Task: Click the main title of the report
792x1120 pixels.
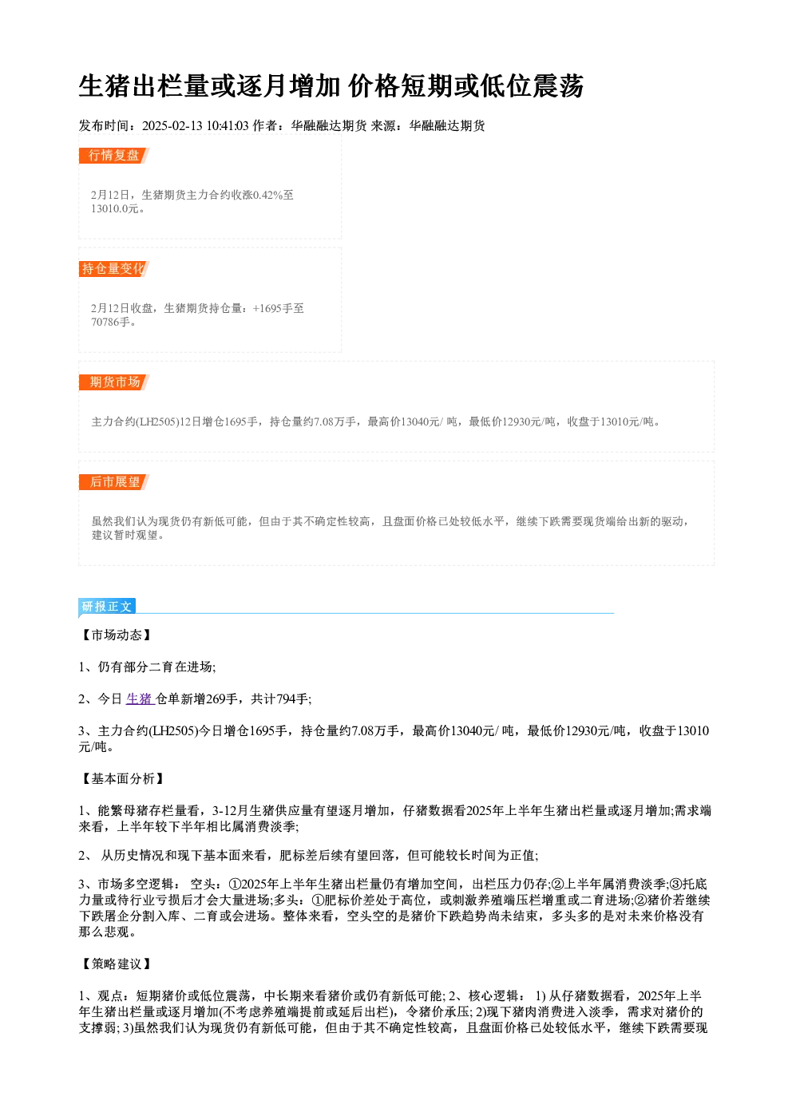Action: [331, 85]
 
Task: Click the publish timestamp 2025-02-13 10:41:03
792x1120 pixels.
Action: [196, 125]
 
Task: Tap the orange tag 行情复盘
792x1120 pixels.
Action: [114, 156]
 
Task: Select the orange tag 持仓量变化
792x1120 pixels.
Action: [114, 269]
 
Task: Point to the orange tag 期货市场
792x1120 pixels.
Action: [114, 382]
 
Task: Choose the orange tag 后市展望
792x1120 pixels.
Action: [114, 482]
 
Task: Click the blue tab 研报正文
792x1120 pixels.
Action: [107, 607]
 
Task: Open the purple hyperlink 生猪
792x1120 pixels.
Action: [140, 699]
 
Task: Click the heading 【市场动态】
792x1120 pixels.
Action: [116, 635]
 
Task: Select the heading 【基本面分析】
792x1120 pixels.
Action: [122, 778]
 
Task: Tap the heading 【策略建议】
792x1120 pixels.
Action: [116, 964]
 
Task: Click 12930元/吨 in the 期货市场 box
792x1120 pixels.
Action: [529, 422]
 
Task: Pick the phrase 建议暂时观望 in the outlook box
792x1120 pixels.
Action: [125, 535]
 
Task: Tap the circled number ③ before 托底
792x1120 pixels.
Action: [675, 885]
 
